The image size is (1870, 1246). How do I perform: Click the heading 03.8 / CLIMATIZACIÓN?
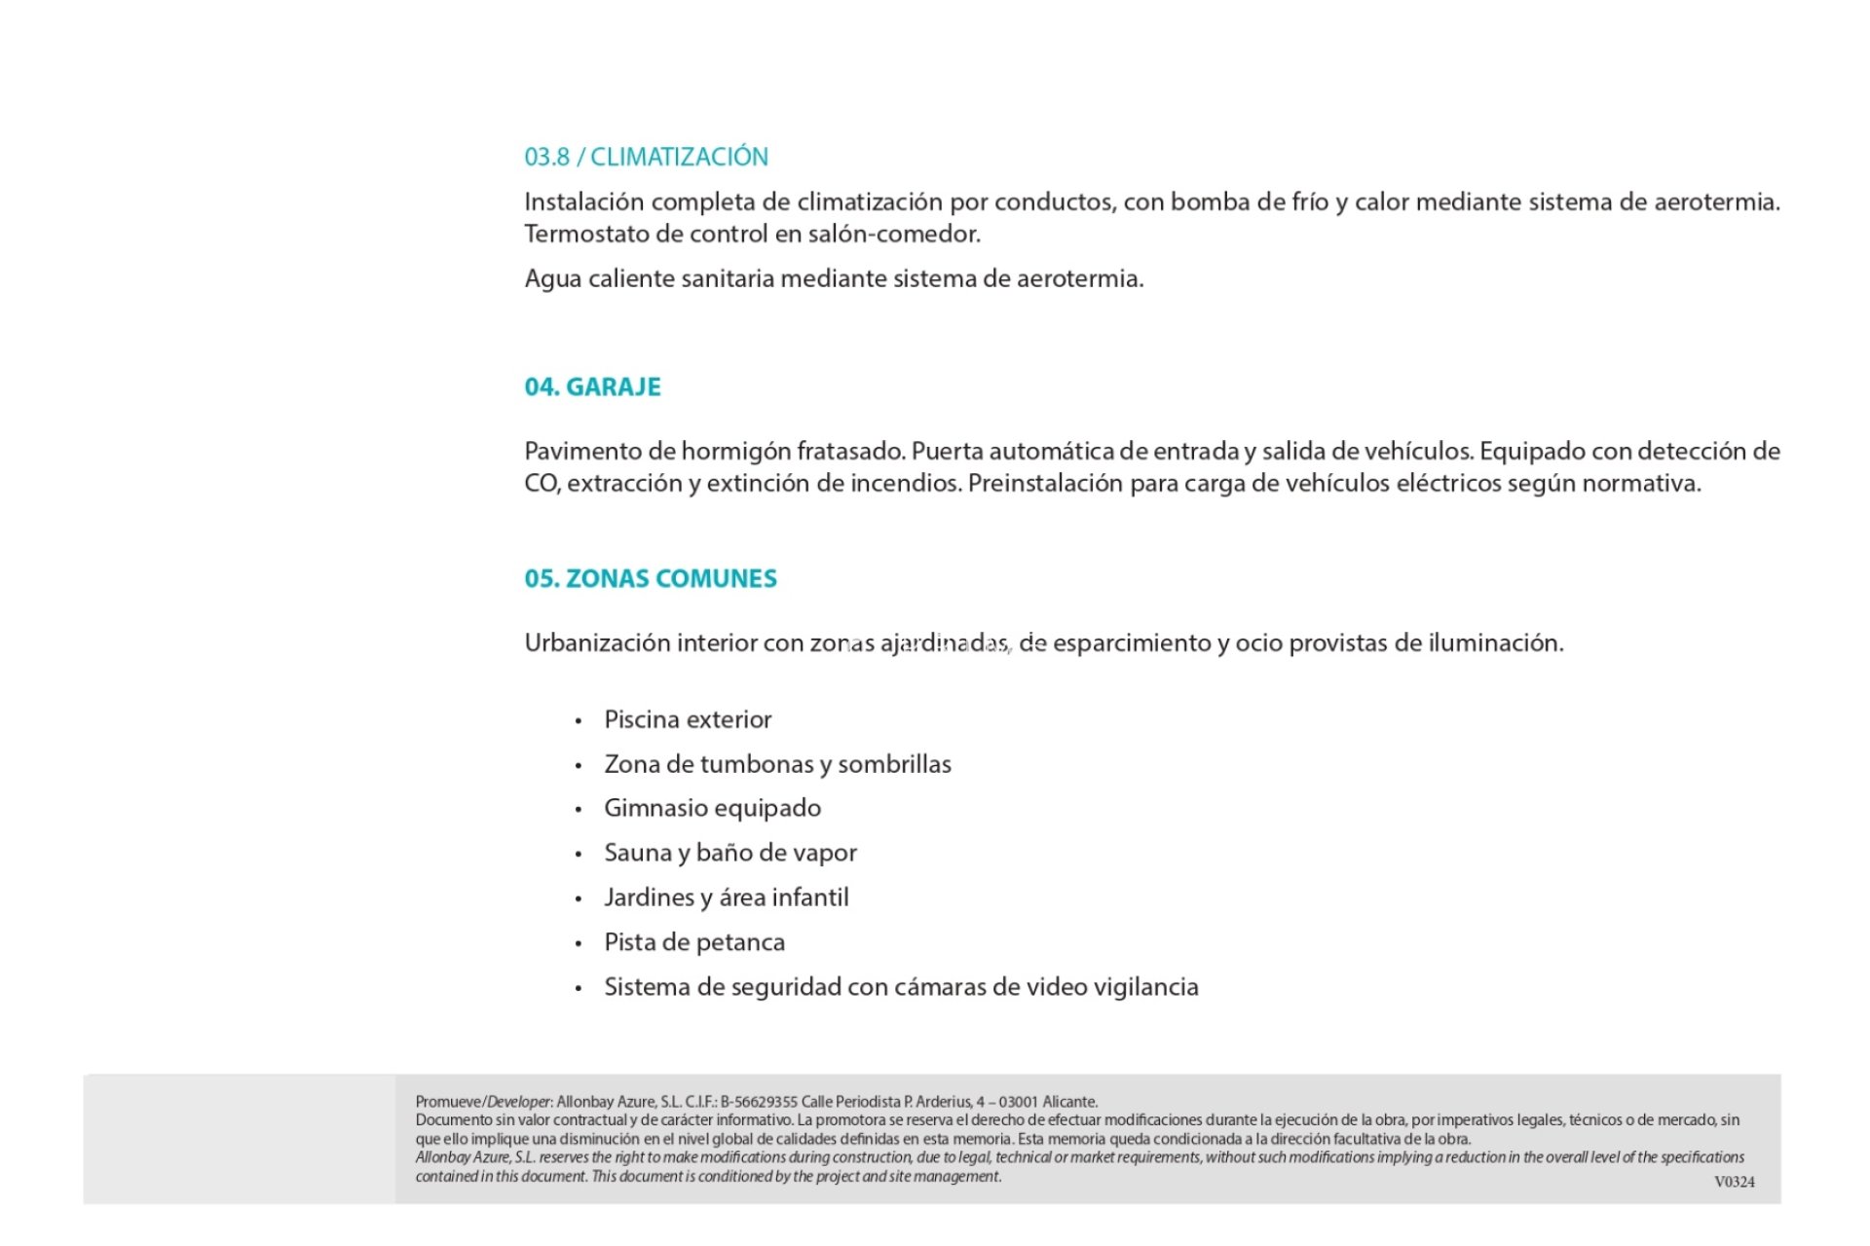click(646, 157)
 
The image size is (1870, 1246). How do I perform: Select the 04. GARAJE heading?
click(592, 386)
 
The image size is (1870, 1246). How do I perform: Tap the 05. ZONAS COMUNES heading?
click(651, 578)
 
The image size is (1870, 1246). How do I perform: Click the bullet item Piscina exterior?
click(688, 719)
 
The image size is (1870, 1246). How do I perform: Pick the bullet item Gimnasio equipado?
click(712, 808)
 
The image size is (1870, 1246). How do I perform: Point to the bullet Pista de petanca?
click(693, 942)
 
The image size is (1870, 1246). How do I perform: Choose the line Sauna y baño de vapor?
click(730, 853)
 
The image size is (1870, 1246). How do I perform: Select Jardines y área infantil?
click(726, 898)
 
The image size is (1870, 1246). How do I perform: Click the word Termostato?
click(587, 234)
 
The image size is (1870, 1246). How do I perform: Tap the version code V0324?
click(1735, 1182)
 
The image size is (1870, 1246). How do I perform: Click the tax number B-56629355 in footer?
click(759, 1102)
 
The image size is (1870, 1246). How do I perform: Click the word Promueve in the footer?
click(448, 1102)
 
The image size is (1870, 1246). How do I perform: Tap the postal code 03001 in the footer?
click(1019, 1102)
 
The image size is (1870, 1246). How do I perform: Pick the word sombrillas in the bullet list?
click(894, 764)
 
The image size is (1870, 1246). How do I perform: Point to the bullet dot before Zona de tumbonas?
click(579, 766)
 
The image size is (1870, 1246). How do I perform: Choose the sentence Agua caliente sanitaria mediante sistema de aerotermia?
click(834, 278)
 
